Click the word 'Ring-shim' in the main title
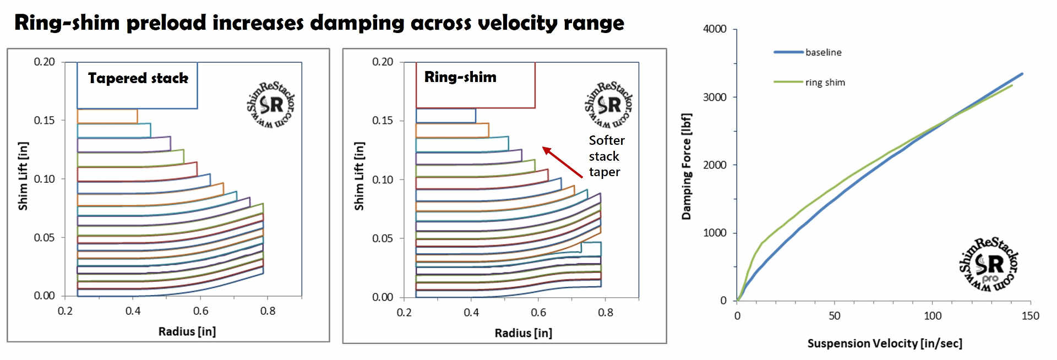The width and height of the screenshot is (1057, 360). coord(67,23)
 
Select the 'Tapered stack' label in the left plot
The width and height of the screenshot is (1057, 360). coord(138,78)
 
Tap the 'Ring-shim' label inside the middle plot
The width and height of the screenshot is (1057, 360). coord(460,77)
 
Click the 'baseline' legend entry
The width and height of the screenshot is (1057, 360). coord(823,52)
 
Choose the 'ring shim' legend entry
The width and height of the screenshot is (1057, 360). coord(825,83)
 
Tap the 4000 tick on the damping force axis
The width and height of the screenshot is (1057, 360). coord(715,29)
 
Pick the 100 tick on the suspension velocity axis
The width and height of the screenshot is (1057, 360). coord(932,316)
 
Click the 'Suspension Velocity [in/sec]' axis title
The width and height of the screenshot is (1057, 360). coord(885,343)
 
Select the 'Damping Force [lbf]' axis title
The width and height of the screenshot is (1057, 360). coord(686,166)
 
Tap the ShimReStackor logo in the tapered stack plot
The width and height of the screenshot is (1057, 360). coord(270,105)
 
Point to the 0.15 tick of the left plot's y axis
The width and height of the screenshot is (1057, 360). coord(44,120)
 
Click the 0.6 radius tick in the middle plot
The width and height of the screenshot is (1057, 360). coord(538,313)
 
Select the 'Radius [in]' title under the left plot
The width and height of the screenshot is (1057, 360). coord(187,331)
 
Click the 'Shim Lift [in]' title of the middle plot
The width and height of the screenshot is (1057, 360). coord(359,176)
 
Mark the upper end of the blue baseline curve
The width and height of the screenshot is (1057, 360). coord(1022,74)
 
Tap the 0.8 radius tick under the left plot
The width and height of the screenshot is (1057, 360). coord(268,311)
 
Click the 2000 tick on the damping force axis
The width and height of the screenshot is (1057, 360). coord(715,165)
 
